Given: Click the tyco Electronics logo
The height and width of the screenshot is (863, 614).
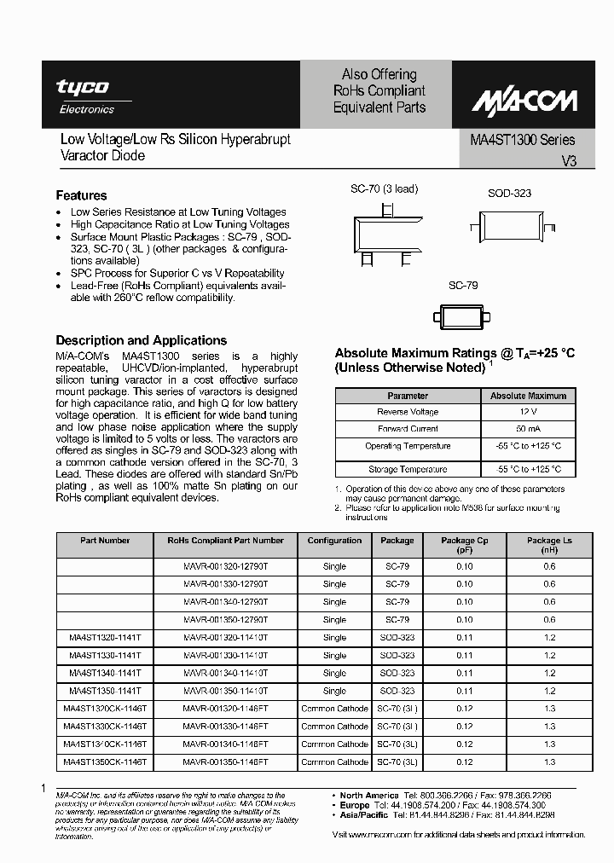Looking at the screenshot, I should [83, 95].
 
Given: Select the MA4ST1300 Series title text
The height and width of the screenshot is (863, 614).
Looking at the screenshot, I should [523, 140].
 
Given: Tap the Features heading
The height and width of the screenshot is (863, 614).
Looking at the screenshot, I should [81, 195].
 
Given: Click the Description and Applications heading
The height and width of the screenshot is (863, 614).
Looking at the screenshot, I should [141, 339].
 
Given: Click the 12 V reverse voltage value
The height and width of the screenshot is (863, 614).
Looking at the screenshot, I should [528, 412].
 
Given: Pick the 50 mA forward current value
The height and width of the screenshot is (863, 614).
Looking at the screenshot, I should [528, 429].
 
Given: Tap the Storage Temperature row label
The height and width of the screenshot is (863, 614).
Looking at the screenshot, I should [408, 469].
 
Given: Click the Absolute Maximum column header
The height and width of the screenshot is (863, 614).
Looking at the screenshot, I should [528, 396].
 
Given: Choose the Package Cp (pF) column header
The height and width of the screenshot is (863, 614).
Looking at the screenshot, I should [464, 545].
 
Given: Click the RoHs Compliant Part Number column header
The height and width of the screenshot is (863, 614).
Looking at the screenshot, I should [225, 540].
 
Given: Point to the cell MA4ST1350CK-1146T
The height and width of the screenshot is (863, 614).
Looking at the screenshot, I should [105, 762].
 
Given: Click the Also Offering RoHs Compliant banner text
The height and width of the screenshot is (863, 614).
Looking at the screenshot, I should [379, 91].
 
